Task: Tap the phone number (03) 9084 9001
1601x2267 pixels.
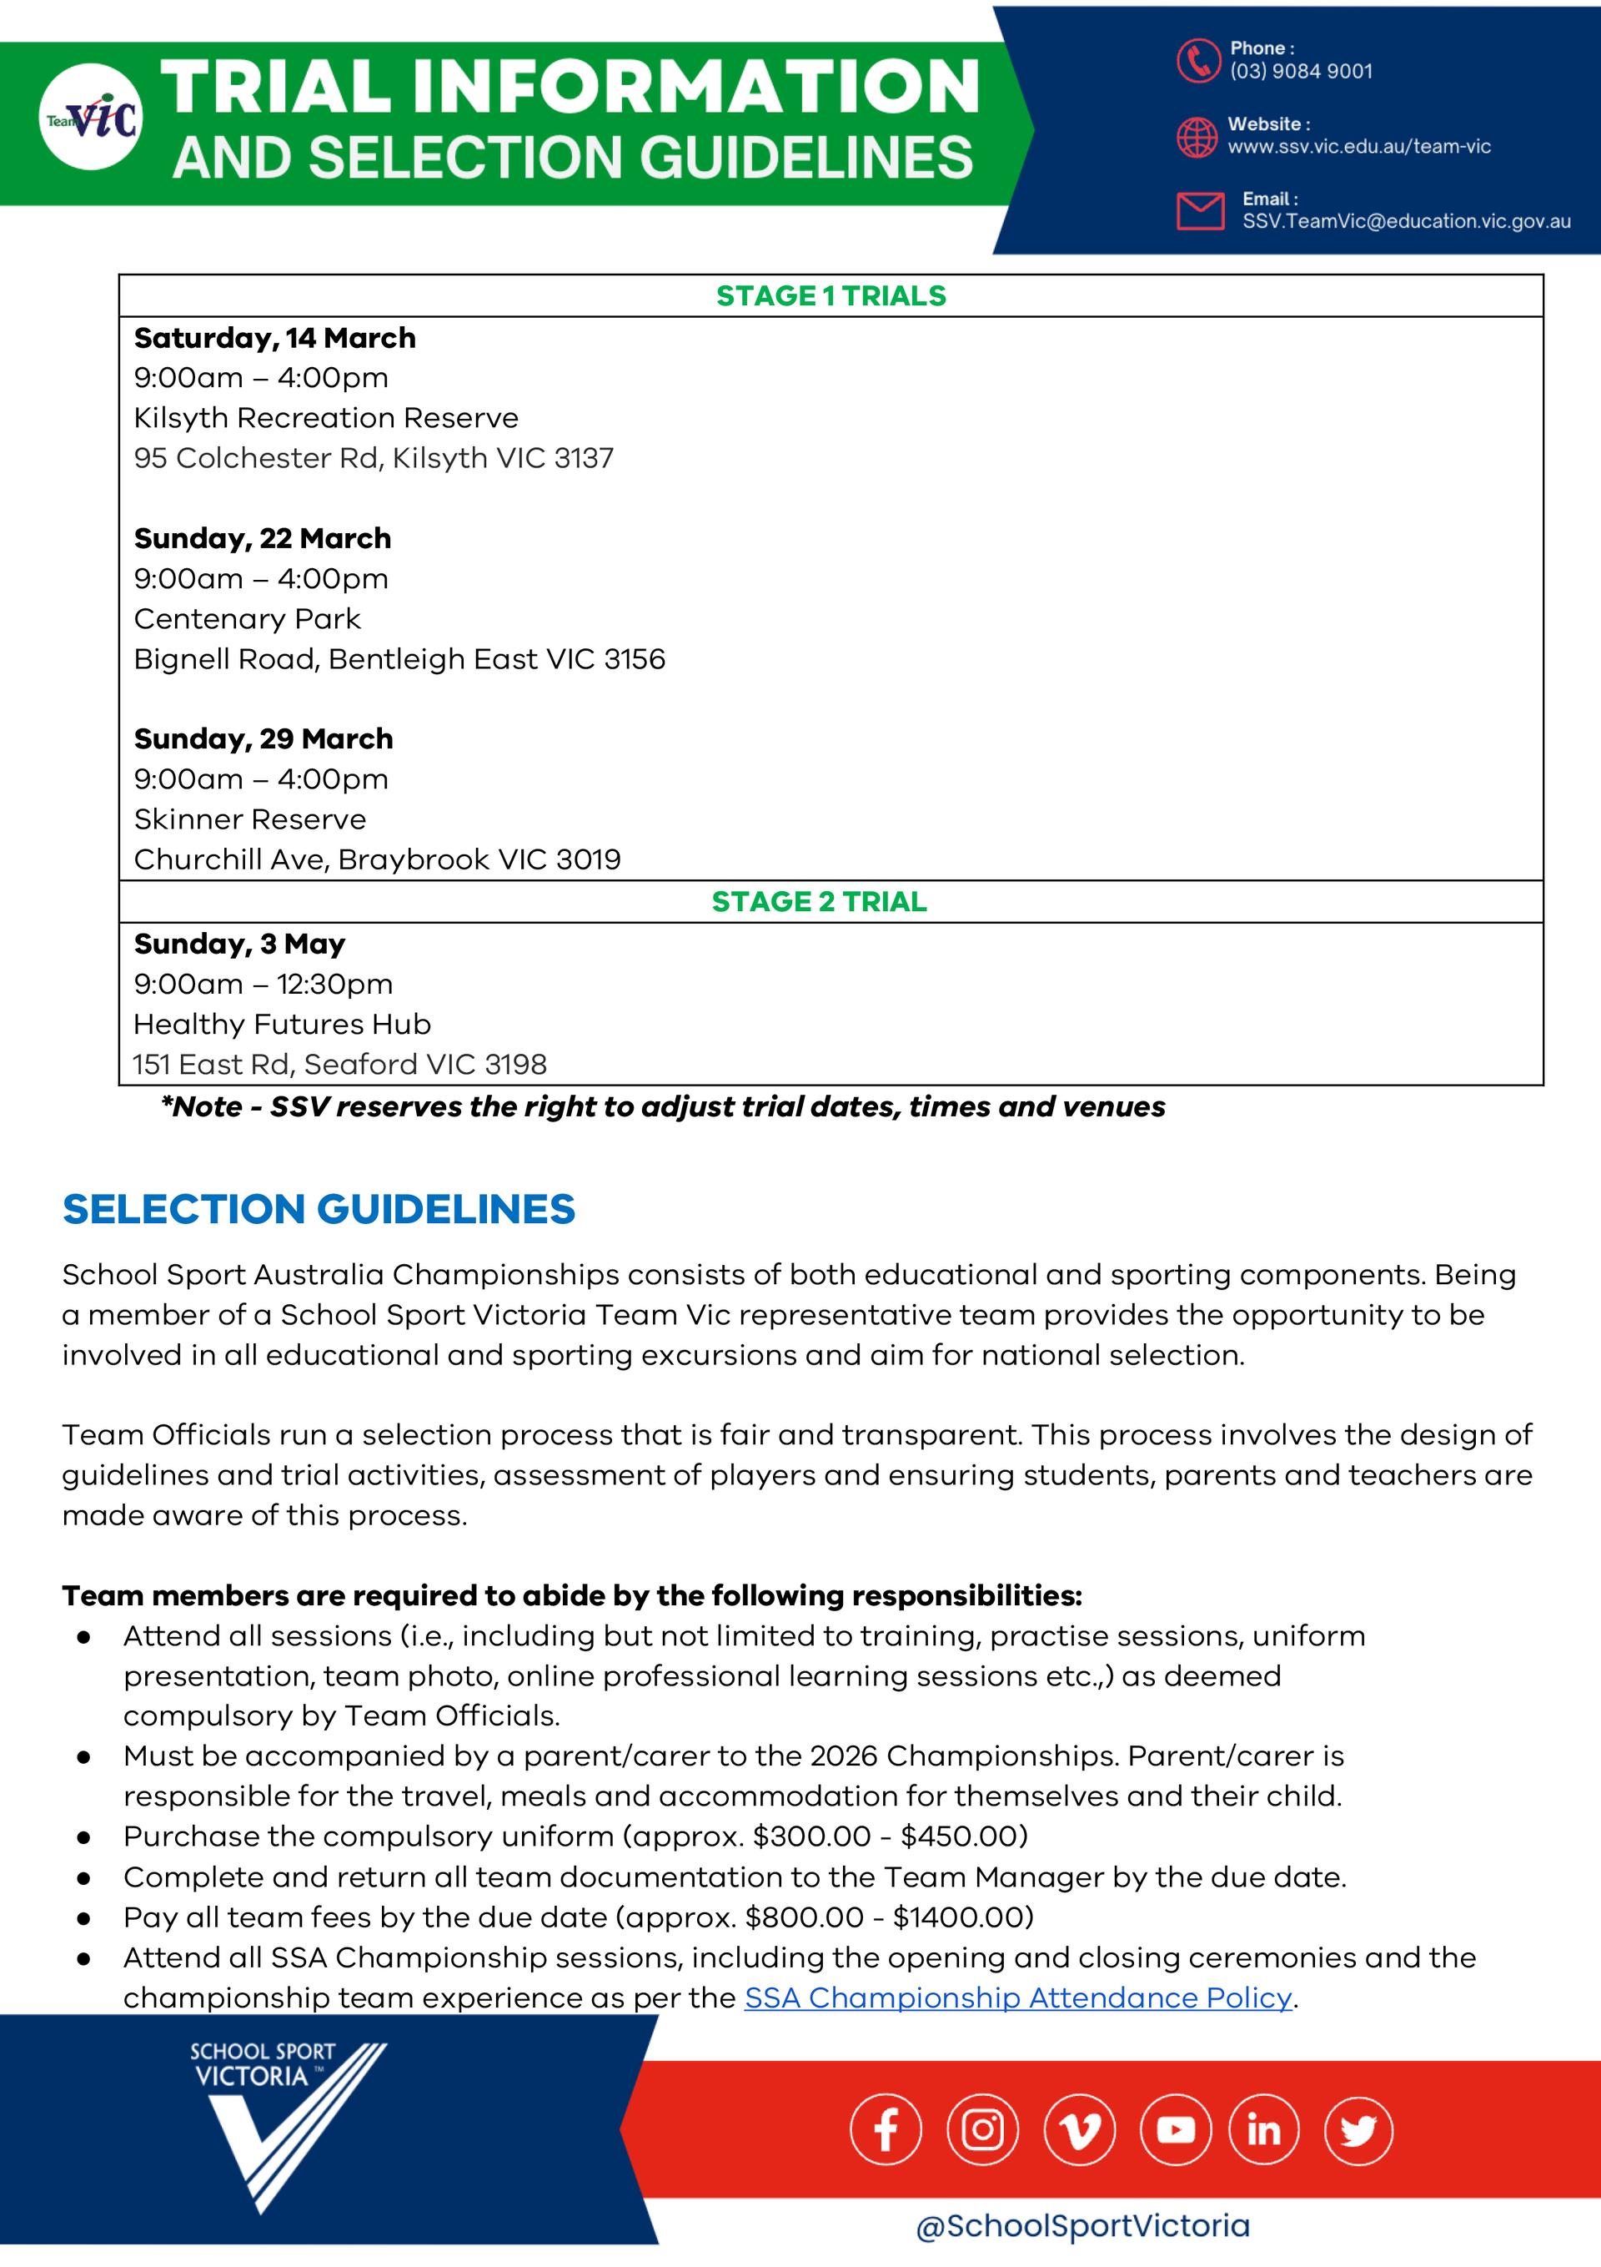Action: click(x=1300, y=71)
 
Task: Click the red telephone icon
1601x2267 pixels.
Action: click(x=1197, y=60)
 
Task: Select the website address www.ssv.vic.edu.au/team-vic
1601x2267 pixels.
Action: click(x=1358, y=147)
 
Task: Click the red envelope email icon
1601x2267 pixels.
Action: click(x=1200, y=211)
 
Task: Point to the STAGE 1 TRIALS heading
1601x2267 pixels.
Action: click(x=831, y=296)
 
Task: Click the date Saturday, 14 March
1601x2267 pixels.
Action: click(x=274, y=339)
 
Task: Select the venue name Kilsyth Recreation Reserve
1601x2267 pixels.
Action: click(x=326, y=418)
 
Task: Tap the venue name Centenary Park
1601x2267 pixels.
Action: click(x=247, y=619)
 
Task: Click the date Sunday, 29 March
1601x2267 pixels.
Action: click(x=263, y=739)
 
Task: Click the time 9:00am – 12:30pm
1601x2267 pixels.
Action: click(x=263, y=985)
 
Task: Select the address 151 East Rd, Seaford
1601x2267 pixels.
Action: click(x=339, y=1065)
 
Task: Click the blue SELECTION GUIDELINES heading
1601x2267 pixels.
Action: click(x=318, y=1210)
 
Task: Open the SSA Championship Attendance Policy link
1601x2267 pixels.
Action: click(x=1017, y=1997)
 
